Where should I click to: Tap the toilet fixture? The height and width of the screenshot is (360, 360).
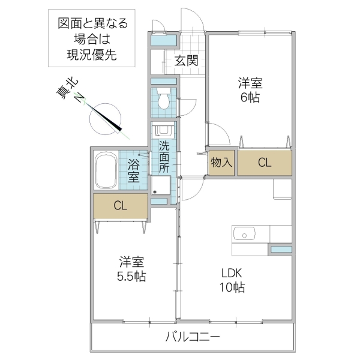[x=163, y=99]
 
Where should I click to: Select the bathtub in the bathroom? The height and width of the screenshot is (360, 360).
[x=106, y=170]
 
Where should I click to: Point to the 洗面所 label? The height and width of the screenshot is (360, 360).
[x=164, y=157]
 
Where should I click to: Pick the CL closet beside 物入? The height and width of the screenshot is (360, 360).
[x=264, y=163]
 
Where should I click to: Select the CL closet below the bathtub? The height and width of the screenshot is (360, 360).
[x=120, y=206]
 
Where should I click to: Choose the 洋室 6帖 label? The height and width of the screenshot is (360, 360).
[x=250, y=90]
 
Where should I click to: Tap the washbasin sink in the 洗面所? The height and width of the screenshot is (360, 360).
[x=163, y=130]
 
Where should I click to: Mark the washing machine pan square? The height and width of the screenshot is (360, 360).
[x=160, y=185]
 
